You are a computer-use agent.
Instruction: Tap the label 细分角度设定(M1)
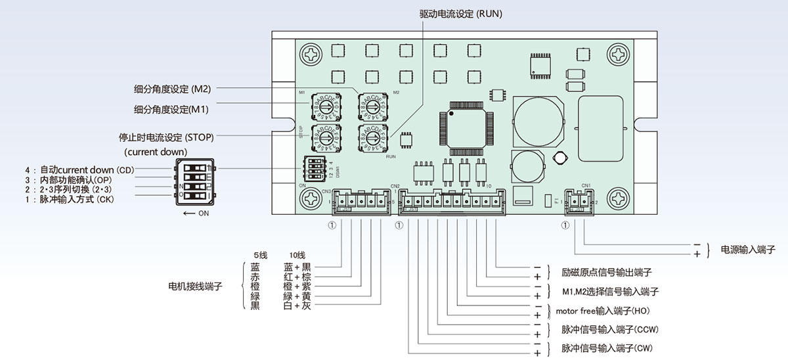(x=171, y=109)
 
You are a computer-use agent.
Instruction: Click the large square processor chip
(x=467, y=124)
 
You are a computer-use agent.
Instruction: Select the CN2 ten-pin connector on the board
(x=452, y=201)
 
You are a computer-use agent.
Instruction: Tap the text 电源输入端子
(x=748, y=250)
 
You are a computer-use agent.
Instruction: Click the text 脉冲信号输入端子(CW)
(x=607, y=348)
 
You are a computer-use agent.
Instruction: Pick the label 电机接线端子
(x=196, y=286)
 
